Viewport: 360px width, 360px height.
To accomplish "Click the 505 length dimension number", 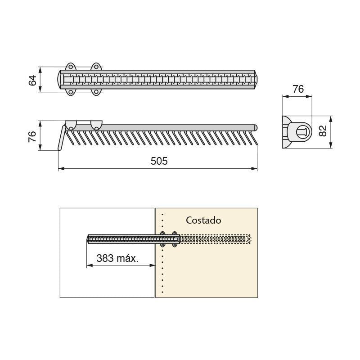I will pyautogui.click(x=159, y=161).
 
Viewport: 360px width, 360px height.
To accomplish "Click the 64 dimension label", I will pyautogui.click(x=32, y=81).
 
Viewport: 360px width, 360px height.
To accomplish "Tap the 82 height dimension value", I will pyautogui.click(x=322, y=131).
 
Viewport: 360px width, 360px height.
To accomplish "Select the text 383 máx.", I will pyautogui.click(x=117, y=258).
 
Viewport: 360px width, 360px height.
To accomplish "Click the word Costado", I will pyautogui.click(x=203, y=220).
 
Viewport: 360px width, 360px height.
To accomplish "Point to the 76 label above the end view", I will pyautogui.click(x=298, y=89).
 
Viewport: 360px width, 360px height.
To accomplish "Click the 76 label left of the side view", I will pyautogui.click(x=32, y=136).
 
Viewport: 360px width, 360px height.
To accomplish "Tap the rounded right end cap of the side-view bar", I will pyautogui.click(x=255, y=127).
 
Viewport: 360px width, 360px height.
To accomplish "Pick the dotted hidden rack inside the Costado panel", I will pyautogui.click(x=216, y=238).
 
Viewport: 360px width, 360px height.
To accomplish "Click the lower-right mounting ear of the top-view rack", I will pyautogui.click(x=96, y=93).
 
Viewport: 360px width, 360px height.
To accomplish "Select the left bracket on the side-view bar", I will pyautogui.click(x=71, y=125).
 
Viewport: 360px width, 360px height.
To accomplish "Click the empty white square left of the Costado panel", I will pyautogui.click(x=107, y=279).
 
